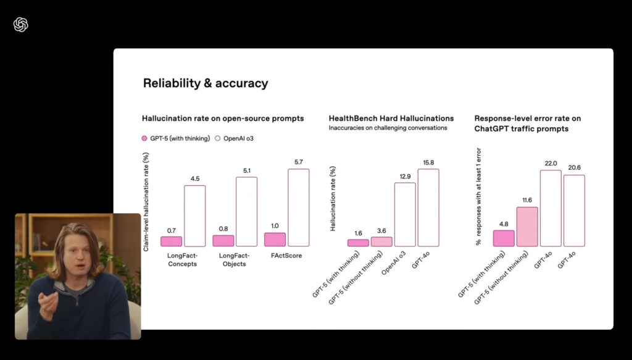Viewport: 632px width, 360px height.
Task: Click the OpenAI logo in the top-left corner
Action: coord(20,25)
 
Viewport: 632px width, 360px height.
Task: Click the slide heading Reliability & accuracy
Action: coord(206,83)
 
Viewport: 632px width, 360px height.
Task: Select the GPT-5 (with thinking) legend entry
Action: coord(176,138)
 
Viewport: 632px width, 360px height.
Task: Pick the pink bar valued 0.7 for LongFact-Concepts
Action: coord(171,241)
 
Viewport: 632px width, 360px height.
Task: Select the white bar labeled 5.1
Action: coord(246,212)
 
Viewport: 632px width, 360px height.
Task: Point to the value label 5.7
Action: coord(298,162)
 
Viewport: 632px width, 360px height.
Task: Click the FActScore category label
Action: coord(286,256)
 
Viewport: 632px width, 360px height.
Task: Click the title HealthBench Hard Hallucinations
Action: coord(391,118)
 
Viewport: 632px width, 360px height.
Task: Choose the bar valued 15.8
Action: coord(428,207)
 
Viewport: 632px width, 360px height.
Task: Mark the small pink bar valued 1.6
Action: coord(358,243)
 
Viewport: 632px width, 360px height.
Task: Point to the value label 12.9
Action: coord(405,176)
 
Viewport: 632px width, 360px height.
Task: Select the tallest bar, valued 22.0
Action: coord(551,208)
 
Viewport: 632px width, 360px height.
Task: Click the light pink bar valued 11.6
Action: coord(527,227)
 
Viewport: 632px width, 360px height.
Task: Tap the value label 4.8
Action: coord(504,224)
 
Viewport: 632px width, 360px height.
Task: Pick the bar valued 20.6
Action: coord(574,211)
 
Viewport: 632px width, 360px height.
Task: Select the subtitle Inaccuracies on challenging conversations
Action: coord(388,128)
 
